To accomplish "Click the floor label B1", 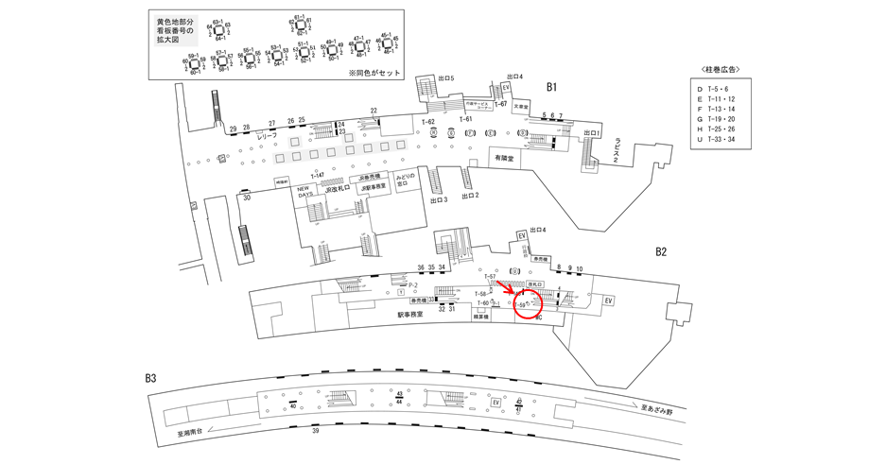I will (552, 87).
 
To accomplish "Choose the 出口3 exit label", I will (438, 201).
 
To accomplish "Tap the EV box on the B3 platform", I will (495, 402).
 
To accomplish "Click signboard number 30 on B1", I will (246, 198).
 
